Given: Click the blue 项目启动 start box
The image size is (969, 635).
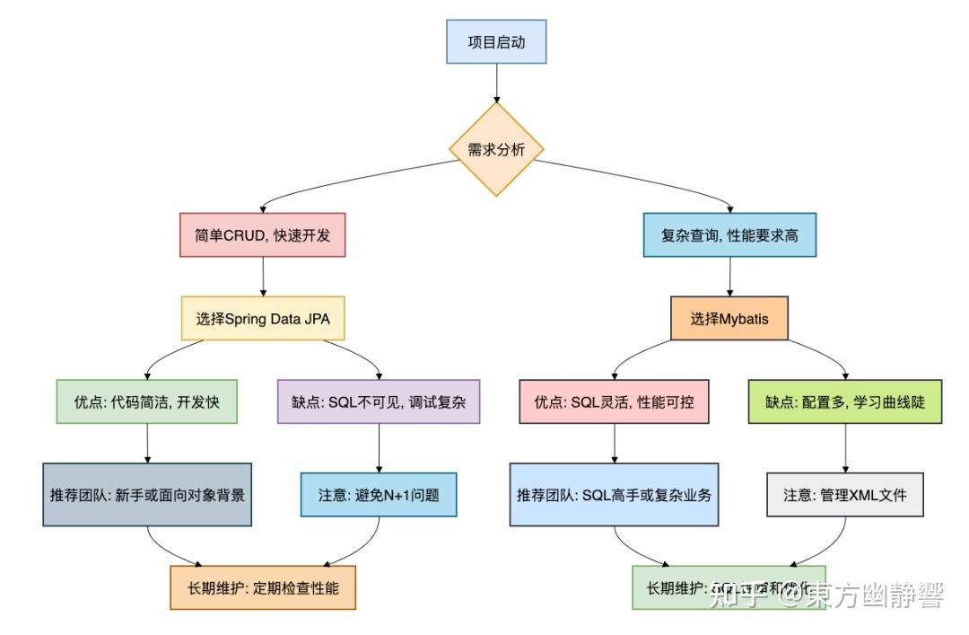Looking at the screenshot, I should (496, 42).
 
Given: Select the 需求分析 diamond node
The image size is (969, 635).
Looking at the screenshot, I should (496, 149).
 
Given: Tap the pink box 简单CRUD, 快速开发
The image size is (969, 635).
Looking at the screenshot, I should (263, 236).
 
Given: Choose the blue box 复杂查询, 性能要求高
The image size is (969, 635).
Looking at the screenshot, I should (729, 236).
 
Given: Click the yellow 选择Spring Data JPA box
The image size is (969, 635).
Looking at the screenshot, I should (263, 318).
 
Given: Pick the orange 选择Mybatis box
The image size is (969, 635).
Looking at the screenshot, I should (729, 318).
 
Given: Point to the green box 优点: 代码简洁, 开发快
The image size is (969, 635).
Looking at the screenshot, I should (147, 401).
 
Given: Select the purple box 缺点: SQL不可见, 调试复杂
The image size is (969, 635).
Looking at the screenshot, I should (379, 401).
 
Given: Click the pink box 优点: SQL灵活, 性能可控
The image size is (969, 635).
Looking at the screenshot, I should (615, 401).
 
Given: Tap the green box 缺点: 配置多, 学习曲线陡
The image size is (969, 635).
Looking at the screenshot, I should (846, 401).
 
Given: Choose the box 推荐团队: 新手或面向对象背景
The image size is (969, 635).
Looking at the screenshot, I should (147, 494).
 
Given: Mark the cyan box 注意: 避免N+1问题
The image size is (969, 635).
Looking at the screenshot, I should (379, 494).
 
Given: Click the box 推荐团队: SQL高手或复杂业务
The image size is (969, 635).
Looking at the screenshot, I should (615, 494).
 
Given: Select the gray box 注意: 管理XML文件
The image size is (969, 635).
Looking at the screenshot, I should (846, 494).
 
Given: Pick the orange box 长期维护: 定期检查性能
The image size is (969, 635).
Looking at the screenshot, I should (263, 588).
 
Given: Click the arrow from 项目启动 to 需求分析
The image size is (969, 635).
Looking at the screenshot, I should (496, 83).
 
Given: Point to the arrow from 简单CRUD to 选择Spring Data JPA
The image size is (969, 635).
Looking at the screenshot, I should (263, 277).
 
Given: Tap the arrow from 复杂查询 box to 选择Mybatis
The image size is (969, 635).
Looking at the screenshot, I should (729, 277).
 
